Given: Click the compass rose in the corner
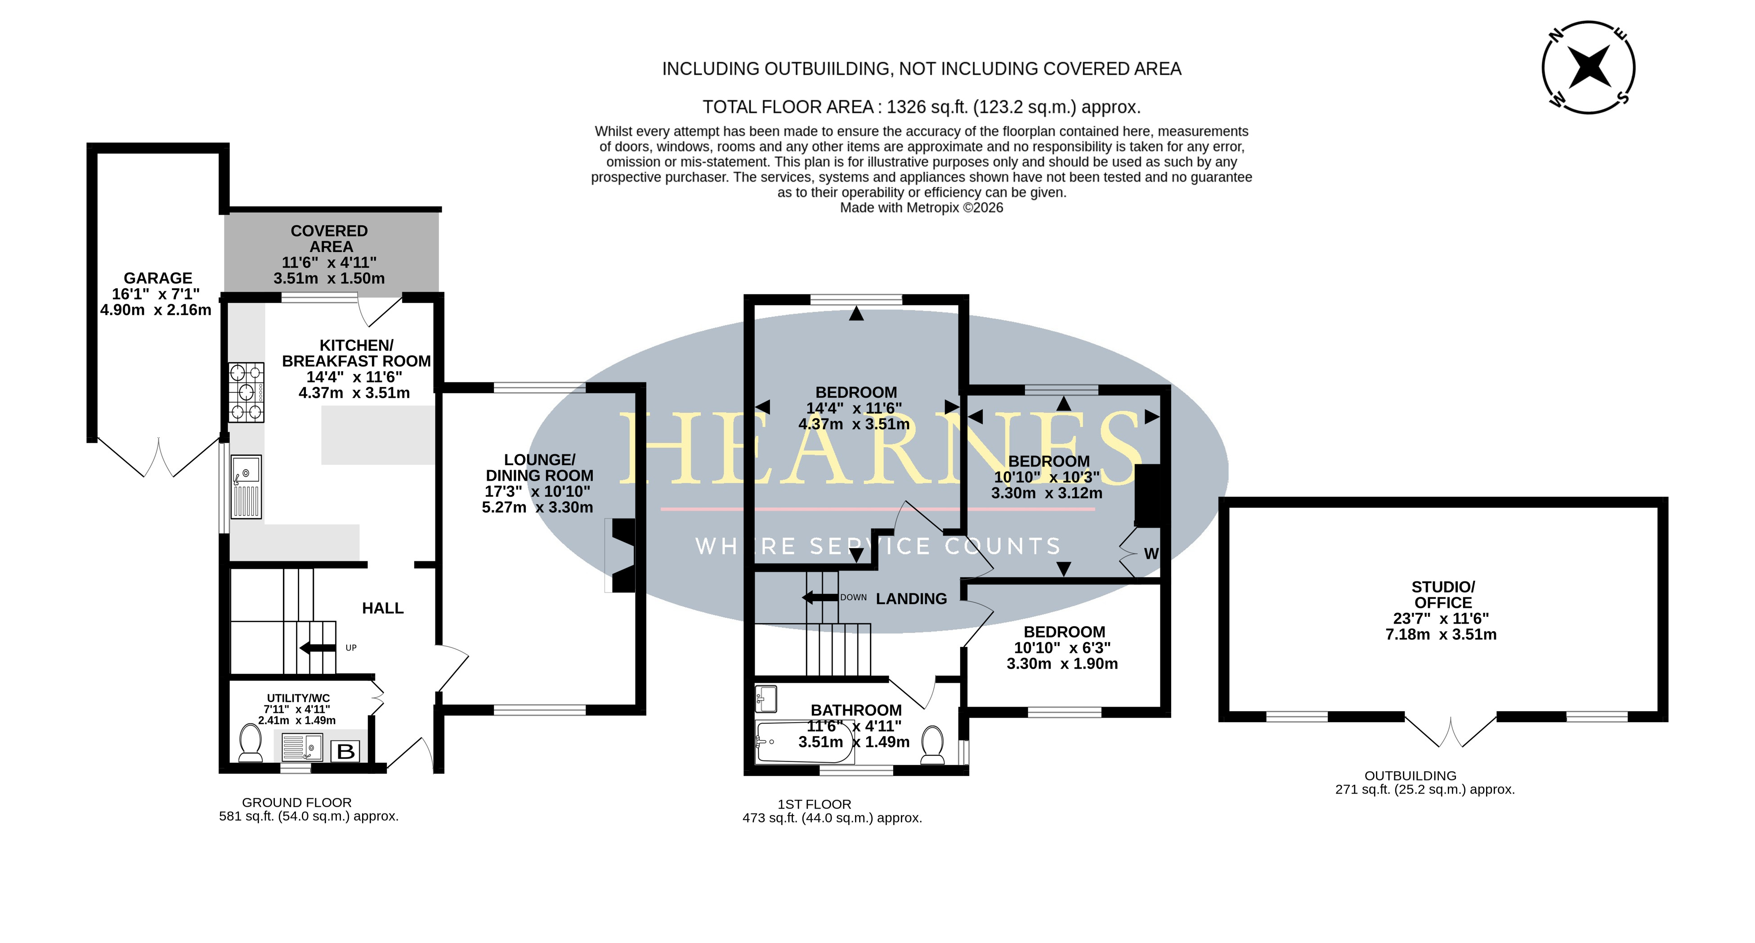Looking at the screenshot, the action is (x=1588, y=67).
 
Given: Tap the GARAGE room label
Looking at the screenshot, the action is (x=158, y=278).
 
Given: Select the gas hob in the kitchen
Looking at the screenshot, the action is (x=246, y=392).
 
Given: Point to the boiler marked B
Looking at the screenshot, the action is (x=346, y=751).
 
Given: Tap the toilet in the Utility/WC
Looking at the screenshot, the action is (x=251, y=743).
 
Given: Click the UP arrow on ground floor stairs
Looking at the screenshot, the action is (x=318, y=647).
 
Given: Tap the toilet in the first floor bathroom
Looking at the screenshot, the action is (x=932, y=745).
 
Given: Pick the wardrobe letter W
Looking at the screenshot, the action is (x=1151, y=554).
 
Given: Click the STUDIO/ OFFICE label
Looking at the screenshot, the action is (x=1443, y=595).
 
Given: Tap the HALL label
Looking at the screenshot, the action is (x=383, y=608).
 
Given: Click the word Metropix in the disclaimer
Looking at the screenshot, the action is (x=933, y=208).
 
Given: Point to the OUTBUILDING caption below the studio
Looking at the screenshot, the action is (x=1410, y=775).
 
